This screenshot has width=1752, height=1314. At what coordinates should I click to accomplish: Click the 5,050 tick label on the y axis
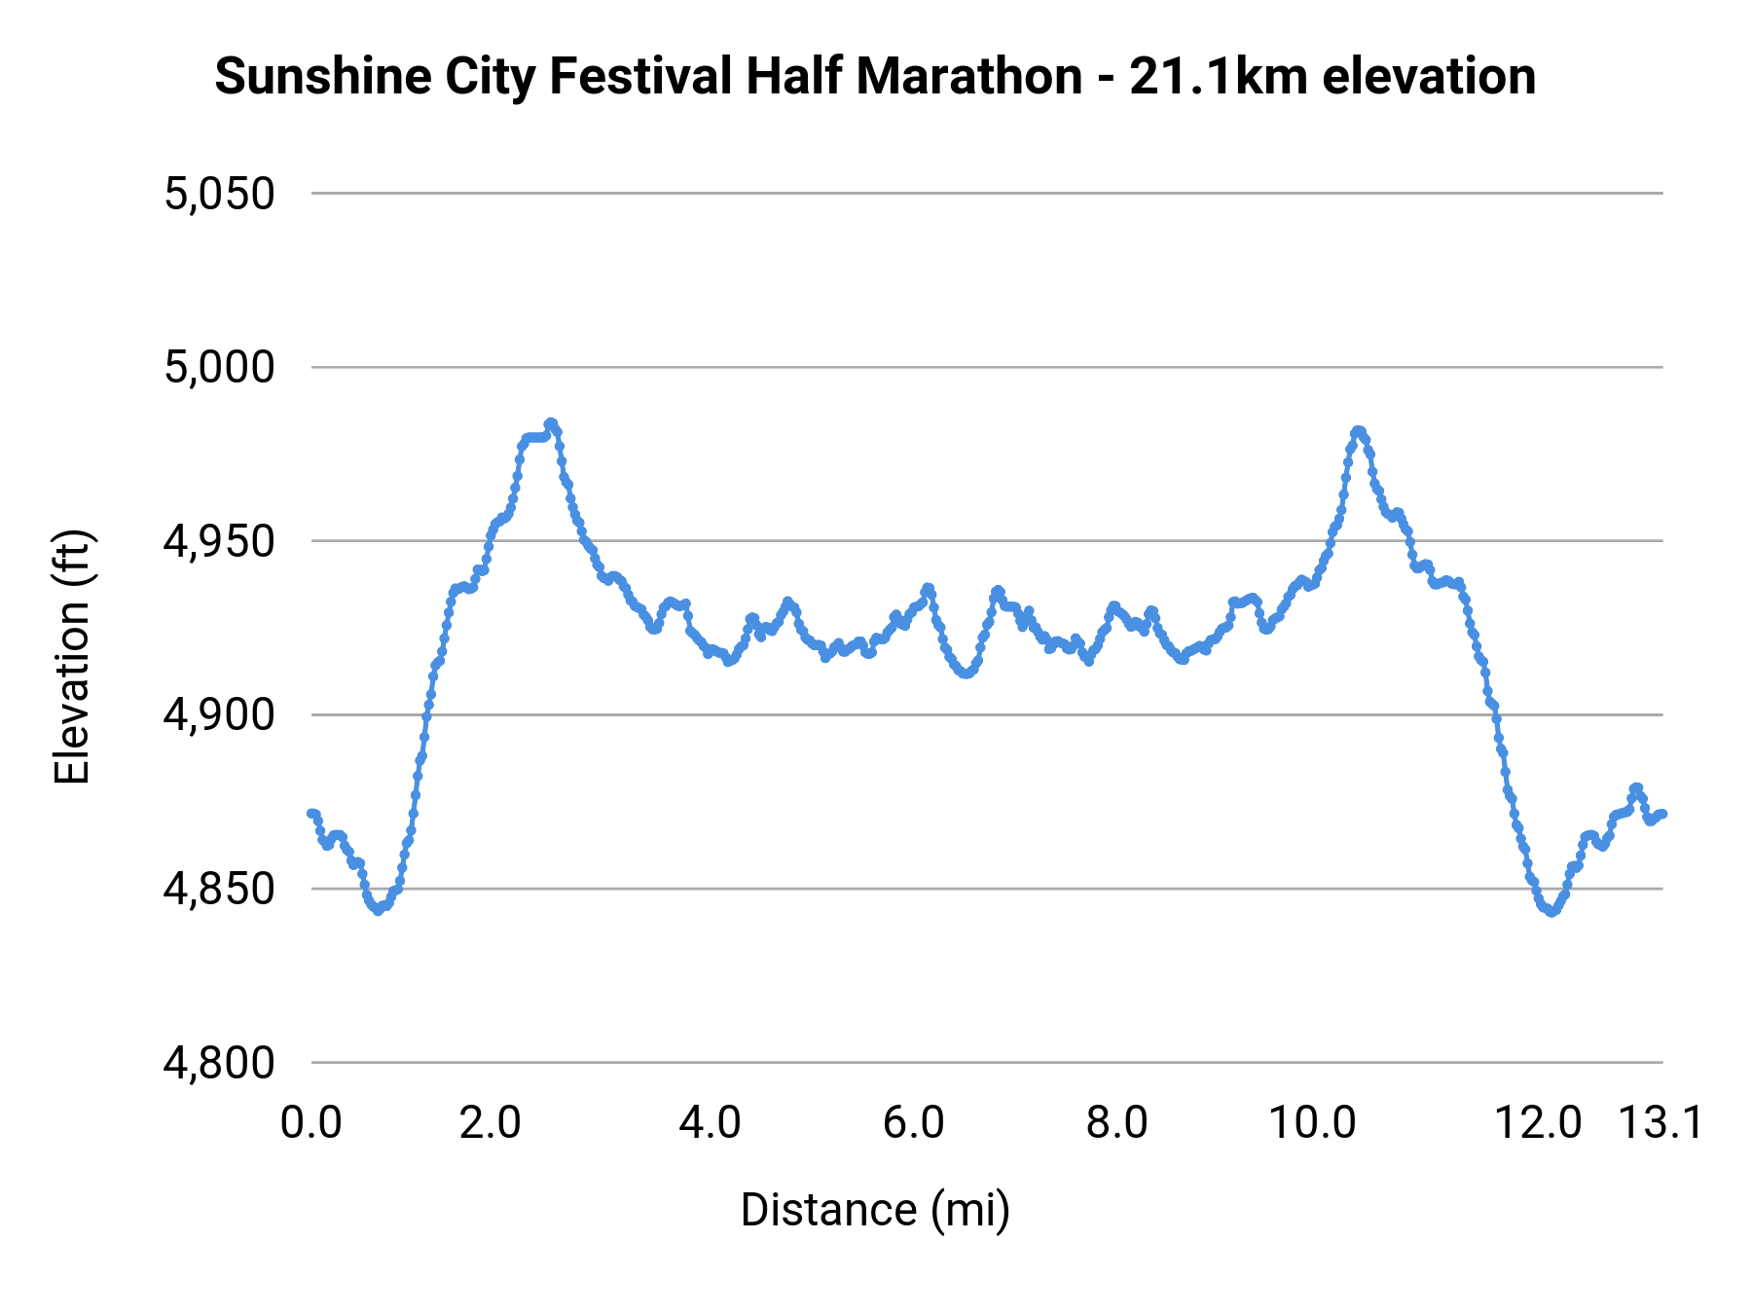(x=219, y=195)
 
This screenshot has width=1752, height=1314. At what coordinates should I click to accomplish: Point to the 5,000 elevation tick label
(x=219, y=368)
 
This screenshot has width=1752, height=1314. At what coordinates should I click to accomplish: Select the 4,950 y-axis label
(x=219, y=542)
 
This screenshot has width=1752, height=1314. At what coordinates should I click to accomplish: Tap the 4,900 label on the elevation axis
(x=219, y=715)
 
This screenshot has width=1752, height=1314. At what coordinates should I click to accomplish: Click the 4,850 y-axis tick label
(x=219, y=890)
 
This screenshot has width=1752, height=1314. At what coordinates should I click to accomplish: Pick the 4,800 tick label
(x=219, y=1063)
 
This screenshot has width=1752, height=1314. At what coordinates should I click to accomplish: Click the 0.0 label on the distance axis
(x=311, y=1123)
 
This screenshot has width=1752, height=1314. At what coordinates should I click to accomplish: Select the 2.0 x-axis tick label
(x=491, y=1123)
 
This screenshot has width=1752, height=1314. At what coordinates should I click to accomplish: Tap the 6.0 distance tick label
(x=913, y=1123)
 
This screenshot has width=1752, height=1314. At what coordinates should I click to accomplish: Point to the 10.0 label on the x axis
(x=1313, y=1123)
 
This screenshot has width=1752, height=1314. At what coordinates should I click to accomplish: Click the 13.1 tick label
(x=1661, y=1123)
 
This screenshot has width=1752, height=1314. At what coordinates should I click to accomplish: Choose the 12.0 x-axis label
(x=1539, y=1123)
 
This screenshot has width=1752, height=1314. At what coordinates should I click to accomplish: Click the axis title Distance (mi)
(x=875, y=1210)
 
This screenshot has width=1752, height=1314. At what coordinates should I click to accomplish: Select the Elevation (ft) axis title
(x=72, y=657)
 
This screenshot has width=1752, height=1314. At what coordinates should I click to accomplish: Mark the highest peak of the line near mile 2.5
(x=551, y=423)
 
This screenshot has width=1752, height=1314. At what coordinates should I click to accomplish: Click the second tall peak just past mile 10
(x=1359, y=431)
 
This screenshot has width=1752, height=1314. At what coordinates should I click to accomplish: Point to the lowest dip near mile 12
(x=1551, y=911)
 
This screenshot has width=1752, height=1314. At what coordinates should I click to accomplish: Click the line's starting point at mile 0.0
(x=312, y=814)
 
